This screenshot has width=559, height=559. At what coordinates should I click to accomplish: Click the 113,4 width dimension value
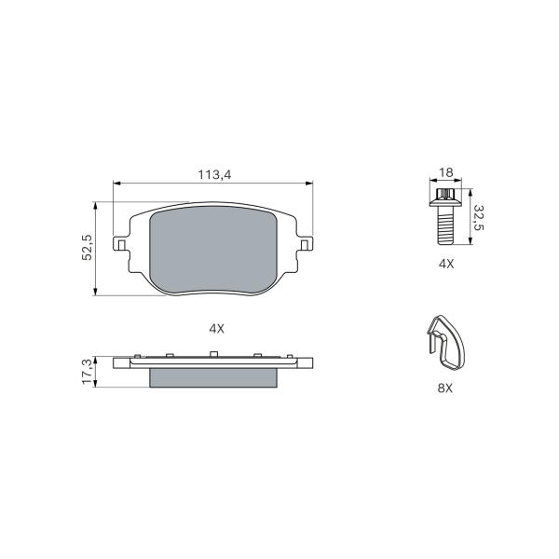click(214, 175)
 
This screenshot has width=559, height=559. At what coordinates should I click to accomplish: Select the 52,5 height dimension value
click(87, 247)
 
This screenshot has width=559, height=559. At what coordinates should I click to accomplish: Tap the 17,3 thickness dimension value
click(87, 372)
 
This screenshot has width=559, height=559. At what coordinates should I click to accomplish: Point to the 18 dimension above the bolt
click(445, 172)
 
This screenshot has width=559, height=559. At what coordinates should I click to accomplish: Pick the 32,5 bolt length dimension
click(479, 217)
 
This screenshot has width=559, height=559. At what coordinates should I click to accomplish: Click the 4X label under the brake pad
click(216, 329)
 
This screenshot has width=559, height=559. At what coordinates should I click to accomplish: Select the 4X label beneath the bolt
click(446, 264)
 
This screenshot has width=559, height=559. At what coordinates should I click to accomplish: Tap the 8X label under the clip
click(445, 388)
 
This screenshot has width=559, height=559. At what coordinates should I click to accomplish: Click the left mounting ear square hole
click(121, 244)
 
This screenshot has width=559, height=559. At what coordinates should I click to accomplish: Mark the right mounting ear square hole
click(305, 244)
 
